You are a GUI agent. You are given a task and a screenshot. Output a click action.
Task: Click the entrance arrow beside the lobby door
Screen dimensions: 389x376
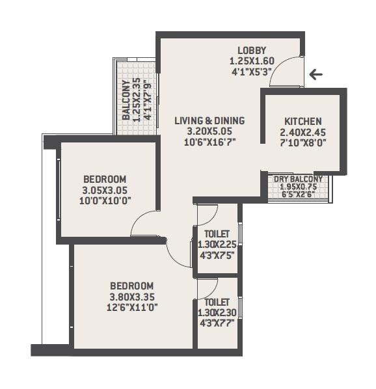point(316,75)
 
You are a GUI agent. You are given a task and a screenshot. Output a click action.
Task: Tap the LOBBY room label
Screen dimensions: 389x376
point(252,51)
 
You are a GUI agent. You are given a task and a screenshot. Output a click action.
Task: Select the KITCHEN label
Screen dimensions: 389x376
point(302,122)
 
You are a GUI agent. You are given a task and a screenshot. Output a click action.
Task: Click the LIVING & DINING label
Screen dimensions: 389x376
point(209,120)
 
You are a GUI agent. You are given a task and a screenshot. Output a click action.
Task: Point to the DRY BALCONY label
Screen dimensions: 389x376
point(298,179)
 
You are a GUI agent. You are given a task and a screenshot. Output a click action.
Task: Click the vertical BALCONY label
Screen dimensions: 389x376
point(127,100)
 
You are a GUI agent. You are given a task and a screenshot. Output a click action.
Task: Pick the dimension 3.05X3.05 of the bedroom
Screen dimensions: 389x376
point(104,190)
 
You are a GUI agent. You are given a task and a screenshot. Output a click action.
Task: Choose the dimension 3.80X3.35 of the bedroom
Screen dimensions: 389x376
point(131,297)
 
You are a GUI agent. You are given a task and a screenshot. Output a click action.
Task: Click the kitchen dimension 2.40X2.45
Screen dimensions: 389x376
point(302,133)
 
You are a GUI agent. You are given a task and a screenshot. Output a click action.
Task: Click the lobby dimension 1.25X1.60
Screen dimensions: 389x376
point(252,62)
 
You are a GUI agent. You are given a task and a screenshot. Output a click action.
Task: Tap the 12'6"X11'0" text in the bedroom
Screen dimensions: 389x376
point(131,308)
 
